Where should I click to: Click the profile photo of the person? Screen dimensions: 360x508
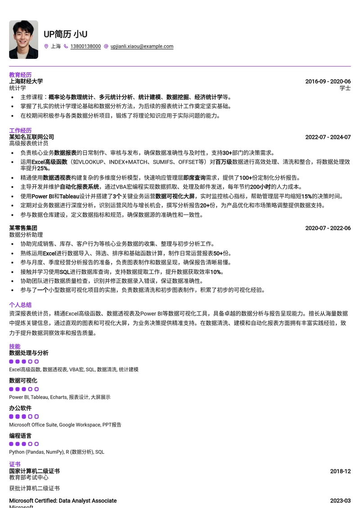23,40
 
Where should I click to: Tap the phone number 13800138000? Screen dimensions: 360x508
85,46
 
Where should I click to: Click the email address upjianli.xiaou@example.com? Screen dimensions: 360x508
142,46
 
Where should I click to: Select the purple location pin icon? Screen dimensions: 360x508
46,46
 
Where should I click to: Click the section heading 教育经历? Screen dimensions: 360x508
20,75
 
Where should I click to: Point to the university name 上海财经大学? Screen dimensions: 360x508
26,81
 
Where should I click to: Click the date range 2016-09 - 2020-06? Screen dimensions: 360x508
328,81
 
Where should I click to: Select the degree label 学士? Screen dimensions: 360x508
345,88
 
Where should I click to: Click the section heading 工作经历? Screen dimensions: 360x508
20,130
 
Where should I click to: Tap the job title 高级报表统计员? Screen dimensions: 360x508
29,143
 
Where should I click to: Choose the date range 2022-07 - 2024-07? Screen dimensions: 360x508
328,137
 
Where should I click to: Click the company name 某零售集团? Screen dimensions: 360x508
23,228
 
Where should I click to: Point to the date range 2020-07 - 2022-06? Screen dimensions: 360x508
328,228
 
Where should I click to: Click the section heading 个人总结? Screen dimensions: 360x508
20,304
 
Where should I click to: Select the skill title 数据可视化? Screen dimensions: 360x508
23,381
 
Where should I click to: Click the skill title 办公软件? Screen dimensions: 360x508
20,408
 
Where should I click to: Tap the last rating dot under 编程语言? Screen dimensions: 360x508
36,444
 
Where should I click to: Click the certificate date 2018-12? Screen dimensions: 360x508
340,471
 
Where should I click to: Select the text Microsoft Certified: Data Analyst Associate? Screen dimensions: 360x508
63,500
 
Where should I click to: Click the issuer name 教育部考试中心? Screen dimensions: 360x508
29,477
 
